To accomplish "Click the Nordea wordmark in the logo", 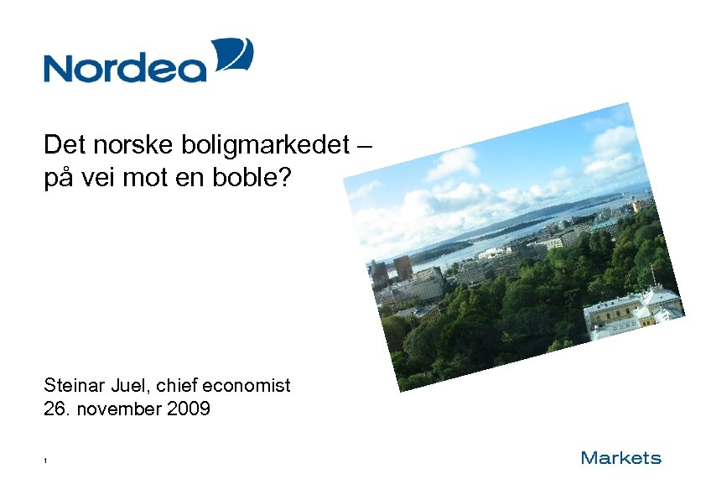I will [x=124, y=66].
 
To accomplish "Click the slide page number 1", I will [x=46, y=461].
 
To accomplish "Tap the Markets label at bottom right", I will [x=621, y=458].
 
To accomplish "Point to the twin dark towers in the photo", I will [x=390, y=268].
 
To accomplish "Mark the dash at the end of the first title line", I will [x=362, y=146].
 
